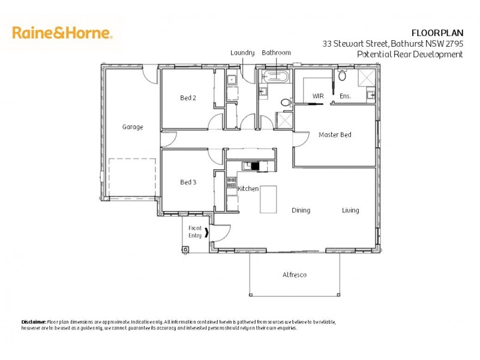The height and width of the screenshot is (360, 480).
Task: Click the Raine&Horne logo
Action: (62, 32)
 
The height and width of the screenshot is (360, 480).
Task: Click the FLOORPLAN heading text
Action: (436, 32)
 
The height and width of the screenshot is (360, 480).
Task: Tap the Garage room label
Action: (133, 127)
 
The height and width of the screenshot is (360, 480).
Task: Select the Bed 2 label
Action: (188, 98)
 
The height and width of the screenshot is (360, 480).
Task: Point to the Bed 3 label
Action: (188, 182)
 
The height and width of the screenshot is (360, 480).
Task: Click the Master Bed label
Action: (335, 135)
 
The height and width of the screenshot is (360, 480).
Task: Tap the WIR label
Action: (318, 96)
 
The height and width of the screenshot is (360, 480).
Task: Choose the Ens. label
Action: (345, 96)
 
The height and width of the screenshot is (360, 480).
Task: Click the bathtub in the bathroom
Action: (276, 77)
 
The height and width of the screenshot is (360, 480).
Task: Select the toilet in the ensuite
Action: (342, 76)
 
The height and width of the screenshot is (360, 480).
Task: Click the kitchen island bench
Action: (268, 199)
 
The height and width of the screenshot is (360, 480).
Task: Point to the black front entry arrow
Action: (208, 232)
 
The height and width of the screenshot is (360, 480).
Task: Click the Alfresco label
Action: (295, 275)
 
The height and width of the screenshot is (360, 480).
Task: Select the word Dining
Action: (301, 211)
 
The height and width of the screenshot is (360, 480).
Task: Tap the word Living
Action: (350, 211)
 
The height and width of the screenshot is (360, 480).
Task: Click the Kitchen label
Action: (248, 189)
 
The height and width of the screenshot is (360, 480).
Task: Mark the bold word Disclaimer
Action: (34, 322)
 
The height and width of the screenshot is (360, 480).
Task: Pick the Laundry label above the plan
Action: (242, 53)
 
